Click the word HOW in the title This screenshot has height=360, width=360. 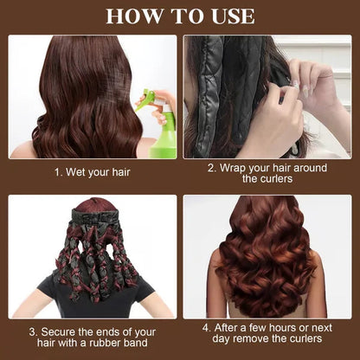tap(129, 16)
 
